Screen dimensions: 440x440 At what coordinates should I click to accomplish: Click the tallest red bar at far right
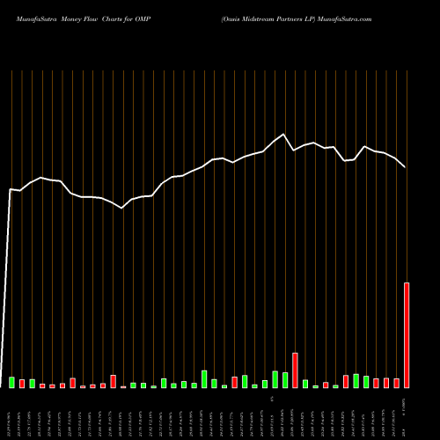407,335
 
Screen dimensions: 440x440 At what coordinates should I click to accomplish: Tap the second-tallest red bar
295,370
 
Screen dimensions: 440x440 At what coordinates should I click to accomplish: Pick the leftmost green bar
11,382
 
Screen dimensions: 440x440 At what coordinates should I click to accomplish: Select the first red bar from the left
22,384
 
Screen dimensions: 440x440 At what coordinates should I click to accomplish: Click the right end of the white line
406,167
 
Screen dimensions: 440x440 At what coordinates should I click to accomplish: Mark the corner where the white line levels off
11,188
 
